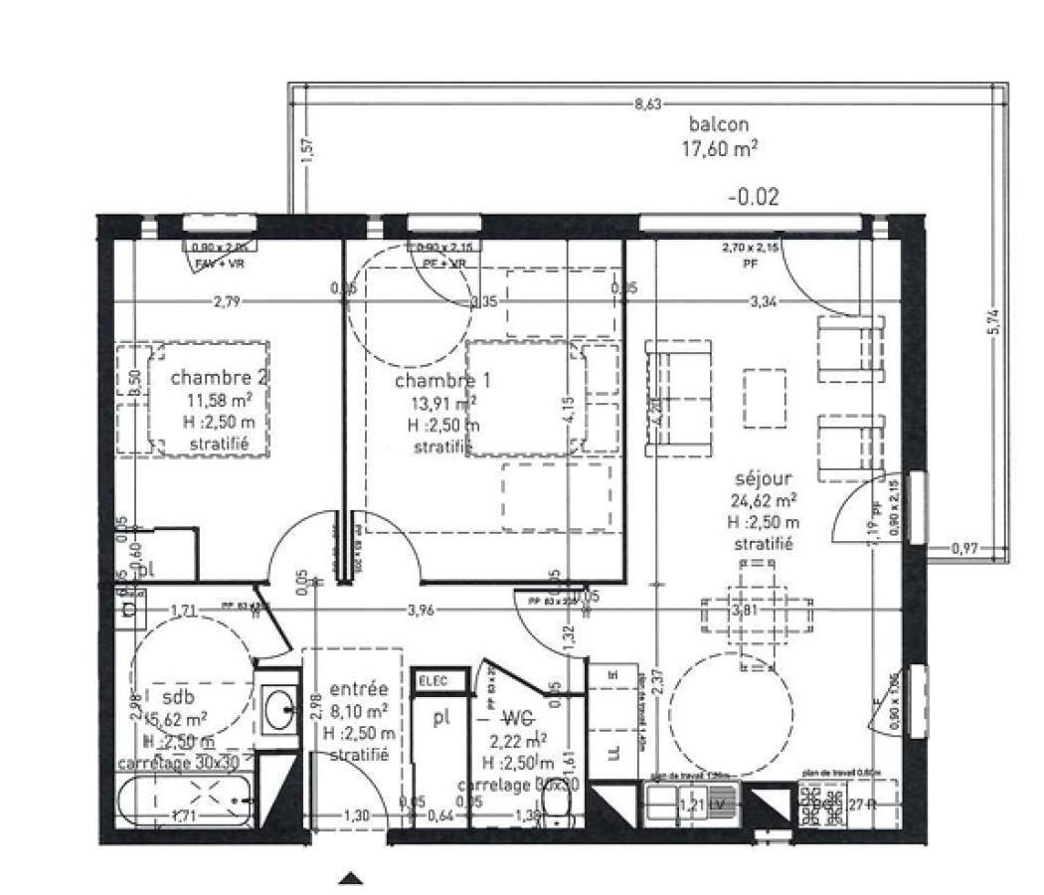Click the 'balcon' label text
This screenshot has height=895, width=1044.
pos(718,124)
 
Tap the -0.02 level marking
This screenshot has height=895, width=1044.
pos(753,197)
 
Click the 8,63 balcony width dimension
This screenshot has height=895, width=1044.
pos(647,102)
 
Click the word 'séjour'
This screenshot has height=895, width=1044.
pos(763,479)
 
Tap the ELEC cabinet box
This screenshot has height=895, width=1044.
pos(430,680)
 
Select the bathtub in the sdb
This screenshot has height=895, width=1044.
pos(184,802)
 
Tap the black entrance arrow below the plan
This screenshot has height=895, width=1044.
pos(350,877)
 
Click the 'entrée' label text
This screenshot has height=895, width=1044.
pos(358,689)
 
